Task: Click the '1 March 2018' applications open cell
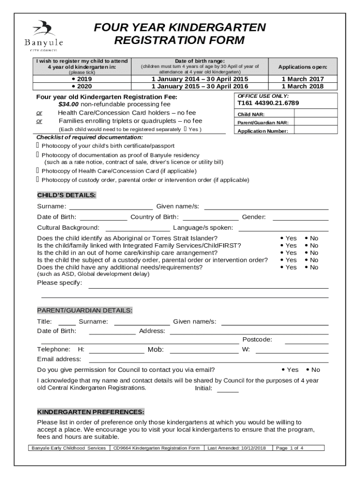(x=302, y=86)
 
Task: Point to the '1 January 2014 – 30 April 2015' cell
(x=200, y=79)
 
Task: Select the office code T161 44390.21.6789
(x=268, y=103)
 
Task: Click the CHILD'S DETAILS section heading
(x=67, y=195)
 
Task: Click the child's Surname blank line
(x=110, y=206)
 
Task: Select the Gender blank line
(x=300, y=217)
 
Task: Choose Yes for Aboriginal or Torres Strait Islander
(x=288, y=239)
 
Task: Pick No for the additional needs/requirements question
(x=311, y=268)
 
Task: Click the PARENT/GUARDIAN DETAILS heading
(x=85, y=311)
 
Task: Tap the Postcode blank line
(x=306, y=340)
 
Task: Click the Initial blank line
(x=228, y=389)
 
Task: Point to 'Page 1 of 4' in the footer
(x=290, y=448)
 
